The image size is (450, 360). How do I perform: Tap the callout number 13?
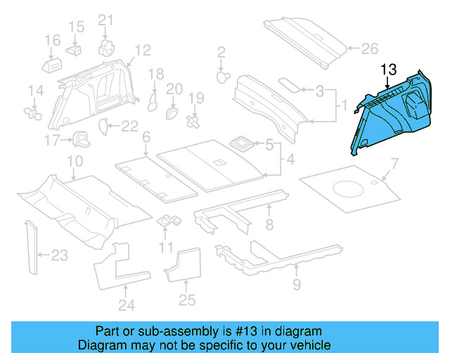pyautogui.click(x=388, y=70)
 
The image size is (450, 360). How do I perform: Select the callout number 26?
pyautogui.click(x=369, y=49)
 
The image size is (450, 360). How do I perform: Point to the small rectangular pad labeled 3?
pyautogui.click(x=288, y=83)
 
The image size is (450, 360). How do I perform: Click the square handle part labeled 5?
pyautogui.click(x=242, y=143)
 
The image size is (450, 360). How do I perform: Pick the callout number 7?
pyautogui.click(x=394, y=165)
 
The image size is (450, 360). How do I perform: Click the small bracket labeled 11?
pyautogui.click(x=169, y=221)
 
